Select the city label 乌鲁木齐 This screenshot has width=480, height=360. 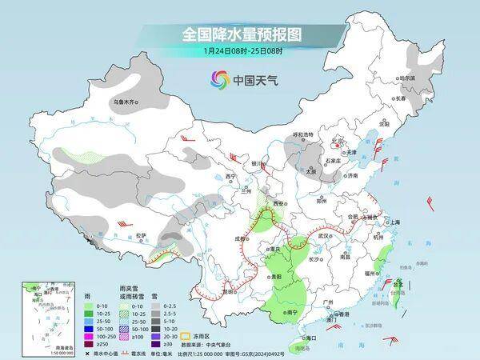(x=126, y=102)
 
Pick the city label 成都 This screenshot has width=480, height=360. (x=238, y=238)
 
